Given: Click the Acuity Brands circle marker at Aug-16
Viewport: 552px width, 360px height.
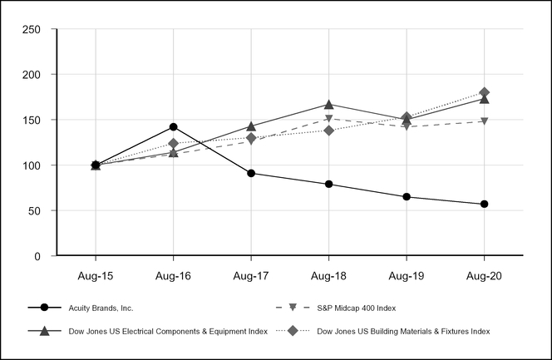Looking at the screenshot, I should [x=173, y=127].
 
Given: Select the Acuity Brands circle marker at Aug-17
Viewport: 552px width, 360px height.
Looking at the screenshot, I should [x=251, y=173].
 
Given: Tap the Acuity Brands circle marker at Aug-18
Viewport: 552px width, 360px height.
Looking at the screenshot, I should [x=328, y=184].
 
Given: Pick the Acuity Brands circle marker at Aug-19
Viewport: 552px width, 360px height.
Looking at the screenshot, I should [x=407, y=197].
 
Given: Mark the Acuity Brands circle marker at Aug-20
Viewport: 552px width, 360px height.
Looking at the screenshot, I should [x=484, y=204].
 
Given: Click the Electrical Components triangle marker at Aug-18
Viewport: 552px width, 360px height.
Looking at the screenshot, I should [x=328, y=105].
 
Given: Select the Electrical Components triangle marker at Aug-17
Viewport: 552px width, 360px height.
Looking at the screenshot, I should [x=251, y=126].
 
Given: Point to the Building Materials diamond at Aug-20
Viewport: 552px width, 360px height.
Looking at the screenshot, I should [x=484, y=92].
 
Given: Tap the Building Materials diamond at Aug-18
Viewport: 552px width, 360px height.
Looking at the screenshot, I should [x=328, y=131].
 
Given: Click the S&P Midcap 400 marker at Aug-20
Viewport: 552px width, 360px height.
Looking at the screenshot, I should [x=484, y=121].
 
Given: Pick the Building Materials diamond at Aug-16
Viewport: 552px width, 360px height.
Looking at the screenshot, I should [x=173, y=144].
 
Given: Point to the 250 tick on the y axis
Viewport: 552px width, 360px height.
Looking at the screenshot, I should [x=32, y=29].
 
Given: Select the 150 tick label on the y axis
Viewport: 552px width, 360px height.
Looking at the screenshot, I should [x=32, y=120].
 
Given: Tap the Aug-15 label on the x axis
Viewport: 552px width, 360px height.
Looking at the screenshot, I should [x=96, y=274].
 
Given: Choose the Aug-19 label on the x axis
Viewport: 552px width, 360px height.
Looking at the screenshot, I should [x=407, y=274].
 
